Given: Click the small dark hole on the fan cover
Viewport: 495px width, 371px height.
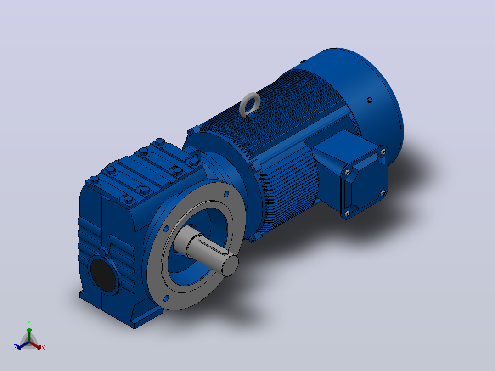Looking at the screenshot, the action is [x=370, y=101].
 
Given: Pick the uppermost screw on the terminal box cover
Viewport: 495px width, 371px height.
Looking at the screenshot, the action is [x=383, y=152].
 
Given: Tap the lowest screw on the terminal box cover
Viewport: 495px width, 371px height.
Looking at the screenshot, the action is [x=347, y=214].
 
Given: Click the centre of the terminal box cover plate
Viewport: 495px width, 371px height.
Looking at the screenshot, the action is [x=365, y=183].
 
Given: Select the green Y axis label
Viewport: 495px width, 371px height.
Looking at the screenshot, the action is [x=29, y=323].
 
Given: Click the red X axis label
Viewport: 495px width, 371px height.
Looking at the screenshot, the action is [x=43, y=348].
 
